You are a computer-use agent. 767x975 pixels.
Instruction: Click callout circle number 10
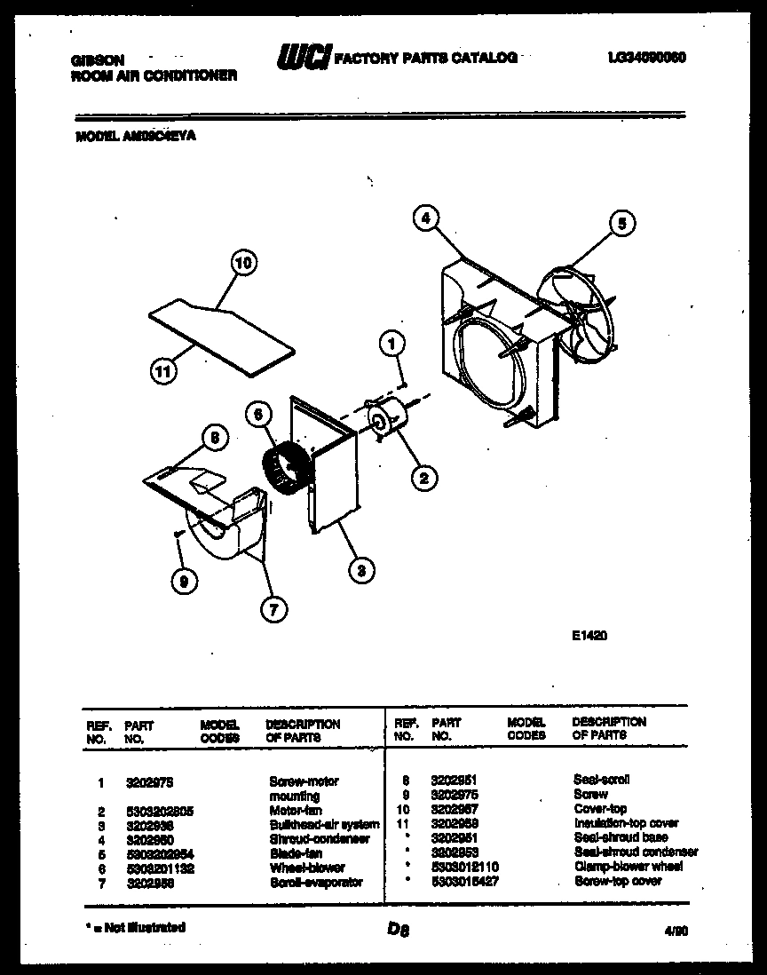(242, 263)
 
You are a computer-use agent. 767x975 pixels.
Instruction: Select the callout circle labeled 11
(160, 372)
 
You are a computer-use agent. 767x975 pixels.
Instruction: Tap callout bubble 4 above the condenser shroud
(426, 217)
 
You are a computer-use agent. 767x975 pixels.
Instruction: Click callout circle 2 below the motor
(423, 478)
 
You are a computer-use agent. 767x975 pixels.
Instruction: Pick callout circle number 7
(273, 608)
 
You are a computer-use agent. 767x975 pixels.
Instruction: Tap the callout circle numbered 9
(184, 582)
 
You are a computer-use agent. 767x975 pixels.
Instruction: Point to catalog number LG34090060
(647, 58)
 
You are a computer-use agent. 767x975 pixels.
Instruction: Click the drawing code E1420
(589, 636)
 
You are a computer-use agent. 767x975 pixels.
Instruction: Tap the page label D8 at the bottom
(397, 930)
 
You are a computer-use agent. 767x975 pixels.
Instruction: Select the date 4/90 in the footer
(676, 931)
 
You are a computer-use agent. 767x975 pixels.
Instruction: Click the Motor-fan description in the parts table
(296, 811)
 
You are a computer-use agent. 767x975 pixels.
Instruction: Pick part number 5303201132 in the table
(160, 868)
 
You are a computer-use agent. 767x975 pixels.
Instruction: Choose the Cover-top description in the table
(600, 809)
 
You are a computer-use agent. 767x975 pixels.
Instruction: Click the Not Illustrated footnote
(136, 927)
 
